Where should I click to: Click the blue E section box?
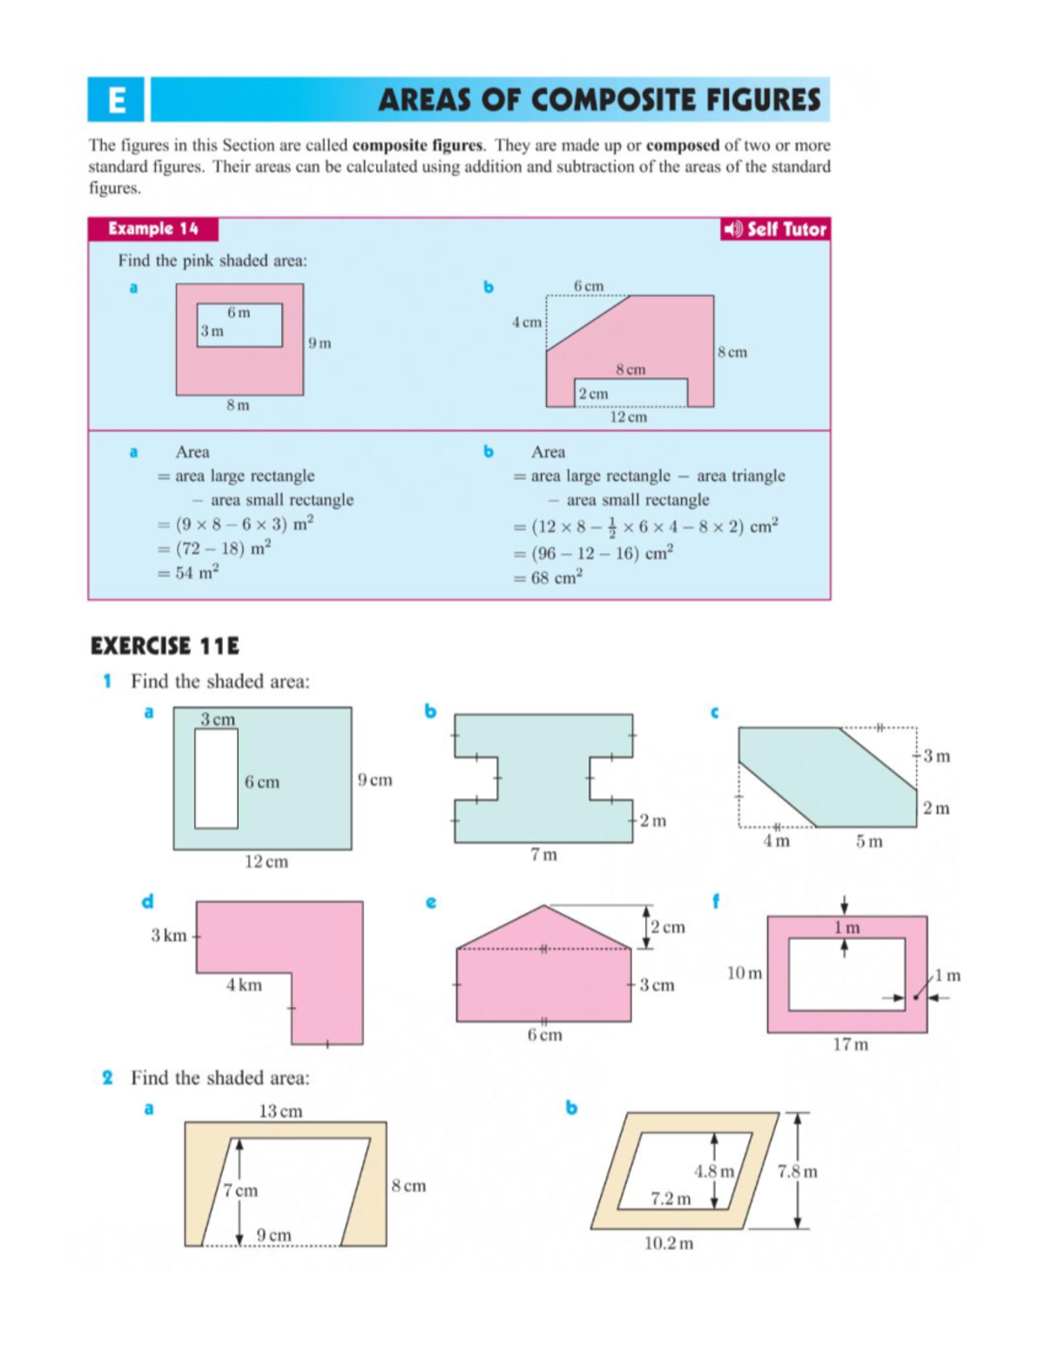pos(116,99)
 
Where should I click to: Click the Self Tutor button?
pos(774,229)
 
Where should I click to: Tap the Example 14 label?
pos(153,229)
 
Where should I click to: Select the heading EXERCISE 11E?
pos(165,646)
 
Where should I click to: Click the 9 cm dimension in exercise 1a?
pos(374,780)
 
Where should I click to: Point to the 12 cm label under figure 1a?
pos(266,862)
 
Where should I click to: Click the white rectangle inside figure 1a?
pos(216,778)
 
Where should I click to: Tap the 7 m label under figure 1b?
pos(543,855)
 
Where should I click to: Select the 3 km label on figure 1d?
pos(168,936)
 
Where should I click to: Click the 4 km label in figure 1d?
pos(244,984)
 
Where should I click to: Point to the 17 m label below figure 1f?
pos(850,1044)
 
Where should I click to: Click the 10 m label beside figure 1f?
pos(745,972)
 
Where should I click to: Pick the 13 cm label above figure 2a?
pos(280,1111)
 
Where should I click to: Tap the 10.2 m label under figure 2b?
pos(669,1243)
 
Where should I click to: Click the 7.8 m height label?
pos(798,1172)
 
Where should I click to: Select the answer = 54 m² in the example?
pos(188,572)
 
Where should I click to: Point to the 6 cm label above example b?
pos(589,286)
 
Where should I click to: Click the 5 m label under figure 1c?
pos(869,842)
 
